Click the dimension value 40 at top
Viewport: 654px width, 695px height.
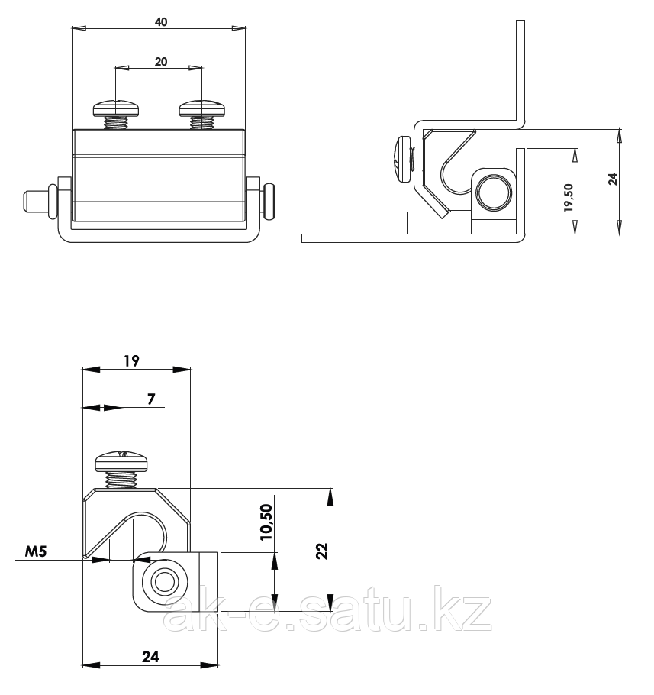pos(161,22)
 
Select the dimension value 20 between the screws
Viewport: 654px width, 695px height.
pos(161,62)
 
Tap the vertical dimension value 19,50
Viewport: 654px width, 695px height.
pos(569,198)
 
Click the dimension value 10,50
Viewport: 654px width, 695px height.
pos(266,522)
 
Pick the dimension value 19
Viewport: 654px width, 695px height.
pos(130,361)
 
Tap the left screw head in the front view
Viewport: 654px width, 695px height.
pos(116,108)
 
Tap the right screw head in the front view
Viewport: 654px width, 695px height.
pos(201,108)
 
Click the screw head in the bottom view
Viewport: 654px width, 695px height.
pos(123,461)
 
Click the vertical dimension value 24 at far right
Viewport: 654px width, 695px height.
pos(612,179)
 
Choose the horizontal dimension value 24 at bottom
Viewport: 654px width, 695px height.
pos(150,655)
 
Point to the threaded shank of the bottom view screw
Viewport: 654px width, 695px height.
pos(122,480)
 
